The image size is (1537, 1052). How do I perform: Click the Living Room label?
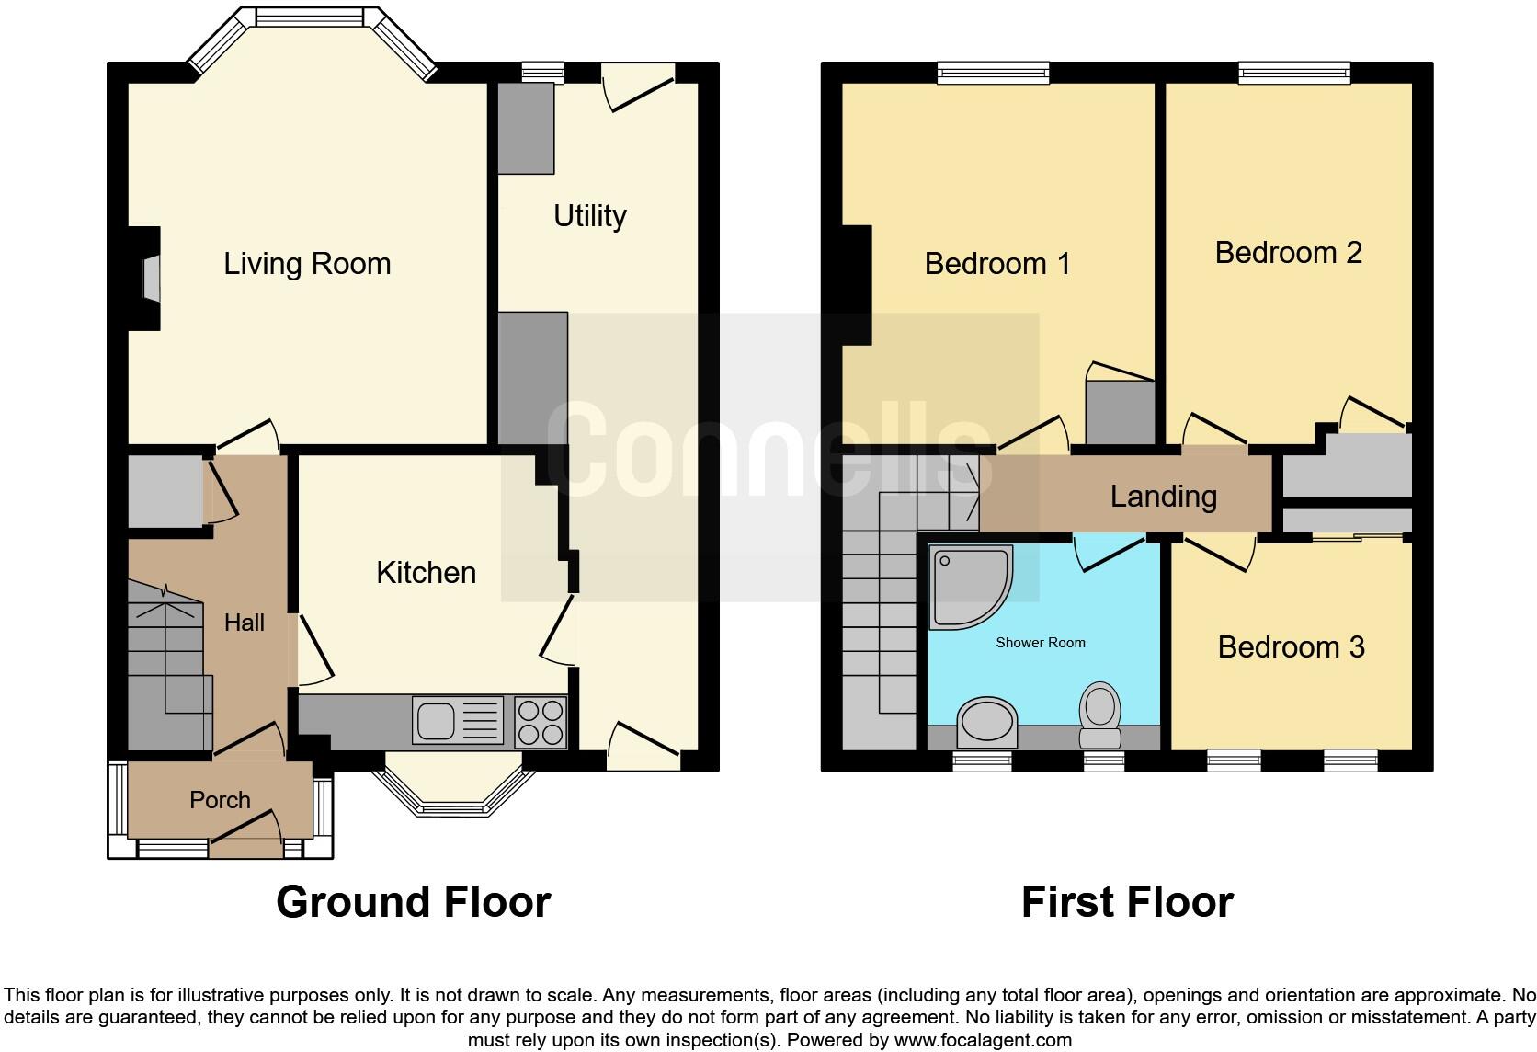307,264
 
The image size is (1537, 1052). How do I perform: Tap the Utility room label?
590,216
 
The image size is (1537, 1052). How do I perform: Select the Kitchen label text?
427,572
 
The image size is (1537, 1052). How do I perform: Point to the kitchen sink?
458,721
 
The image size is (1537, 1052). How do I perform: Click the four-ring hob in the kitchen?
541,722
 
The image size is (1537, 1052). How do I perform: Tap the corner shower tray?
970,587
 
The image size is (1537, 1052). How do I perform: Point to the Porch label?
220,800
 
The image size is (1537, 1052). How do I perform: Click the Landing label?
1164,497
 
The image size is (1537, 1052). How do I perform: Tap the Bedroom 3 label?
1292,647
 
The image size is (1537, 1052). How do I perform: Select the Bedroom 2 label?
1289,253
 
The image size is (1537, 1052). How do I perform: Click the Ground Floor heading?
413,902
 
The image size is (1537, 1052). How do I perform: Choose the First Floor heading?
1127,902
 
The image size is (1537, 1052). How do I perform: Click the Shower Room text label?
1041,643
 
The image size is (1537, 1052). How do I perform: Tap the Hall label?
245,623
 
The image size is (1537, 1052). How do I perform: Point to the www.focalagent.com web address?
983,1040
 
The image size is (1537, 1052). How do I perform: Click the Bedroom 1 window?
994,73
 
